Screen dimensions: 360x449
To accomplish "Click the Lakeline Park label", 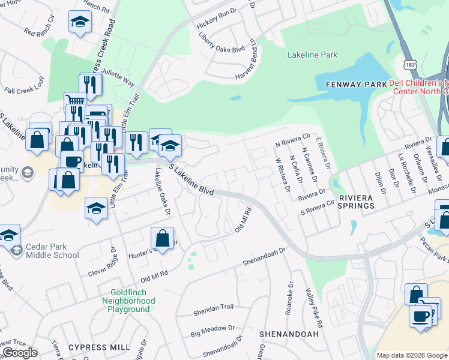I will (312, 55).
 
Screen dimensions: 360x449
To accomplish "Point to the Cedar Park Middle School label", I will (52, 251).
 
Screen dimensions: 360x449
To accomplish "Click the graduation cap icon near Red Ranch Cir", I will (78, 22).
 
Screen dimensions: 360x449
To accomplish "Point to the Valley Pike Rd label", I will (313, 303).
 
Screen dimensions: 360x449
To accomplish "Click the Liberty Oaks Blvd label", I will (221, 42).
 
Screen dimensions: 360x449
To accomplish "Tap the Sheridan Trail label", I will (212, 307).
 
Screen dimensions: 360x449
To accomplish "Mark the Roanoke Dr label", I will (289, 298).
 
